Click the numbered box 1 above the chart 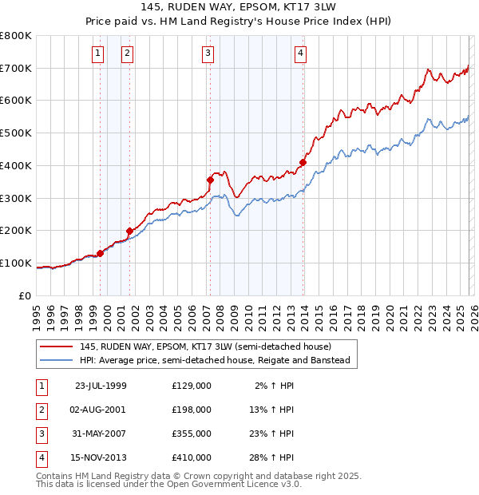(97, 53)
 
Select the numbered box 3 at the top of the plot (208, 53)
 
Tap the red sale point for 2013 (303, 163)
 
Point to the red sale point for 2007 (210, 180)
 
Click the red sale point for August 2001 (129, 231)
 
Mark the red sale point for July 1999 (100, 253)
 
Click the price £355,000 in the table (192, 435)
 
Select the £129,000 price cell (192, 386)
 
